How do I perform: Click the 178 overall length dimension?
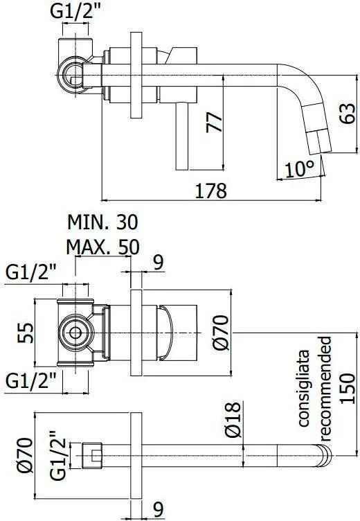click(210, 191)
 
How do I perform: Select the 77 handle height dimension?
click(214, 123)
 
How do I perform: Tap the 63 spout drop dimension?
click(348, 114)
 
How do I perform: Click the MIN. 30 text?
click(102, 222)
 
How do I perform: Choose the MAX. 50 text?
click(102, 247)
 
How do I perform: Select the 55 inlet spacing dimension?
click(26, 333)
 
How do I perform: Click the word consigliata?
click(303, 388)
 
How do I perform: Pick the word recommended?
click(325, 389)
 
